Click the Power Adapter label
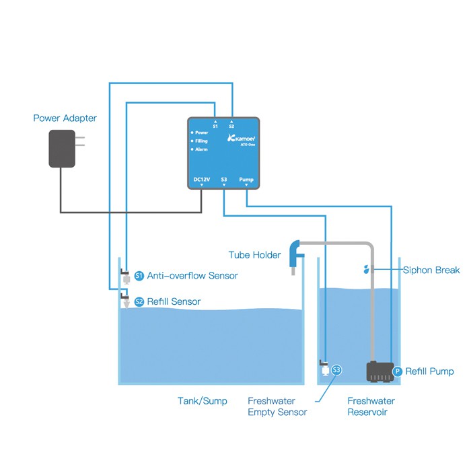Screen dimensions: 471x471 65,118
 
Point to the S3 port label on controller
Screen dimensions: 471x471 224,179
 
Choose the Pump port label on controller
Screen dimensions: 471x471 247,179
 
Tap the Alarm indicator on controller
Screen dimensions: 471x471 201,149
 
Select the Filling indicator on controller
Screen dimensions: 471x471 201,141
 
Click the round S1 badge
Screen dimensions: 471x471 139,276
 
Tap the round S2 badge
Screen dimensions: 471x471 139,301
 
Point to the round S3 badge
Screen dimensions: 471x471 336,369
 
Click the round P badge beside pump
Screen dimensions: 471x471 397,371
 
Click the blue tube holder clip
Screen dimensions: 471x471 295,255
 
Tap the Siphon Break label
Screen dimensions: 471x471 431,270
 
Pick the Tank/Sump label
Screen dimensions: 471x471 202,401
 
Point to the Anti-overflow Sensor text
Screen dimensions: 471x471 192,276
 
